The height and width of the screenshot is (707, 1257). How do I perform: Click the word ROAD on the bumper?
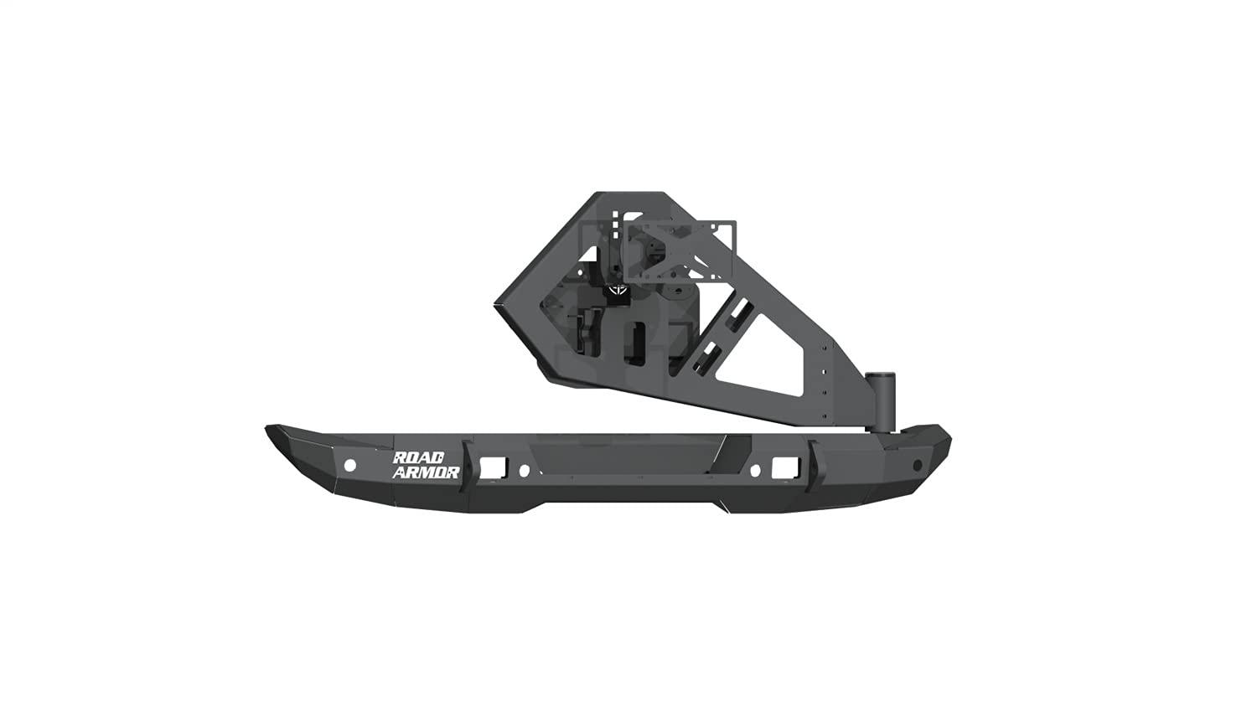point(415,458)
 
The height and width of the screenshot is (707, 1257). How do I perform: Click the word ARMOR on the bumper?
point(426,472)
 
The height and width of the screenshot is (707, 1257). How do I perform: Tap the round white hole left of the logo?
point(350,465)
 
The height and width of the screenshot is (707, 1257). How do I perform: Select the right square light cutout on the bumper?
point(783,466)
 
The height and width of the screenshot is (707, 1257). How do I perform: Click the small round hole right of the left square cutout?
point(524,470)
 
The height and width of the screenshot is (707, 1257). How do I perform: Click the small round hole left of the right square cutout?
point(754,470)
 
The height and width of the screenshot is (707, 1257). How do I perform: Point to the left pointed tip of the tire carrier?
point(497,304)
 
